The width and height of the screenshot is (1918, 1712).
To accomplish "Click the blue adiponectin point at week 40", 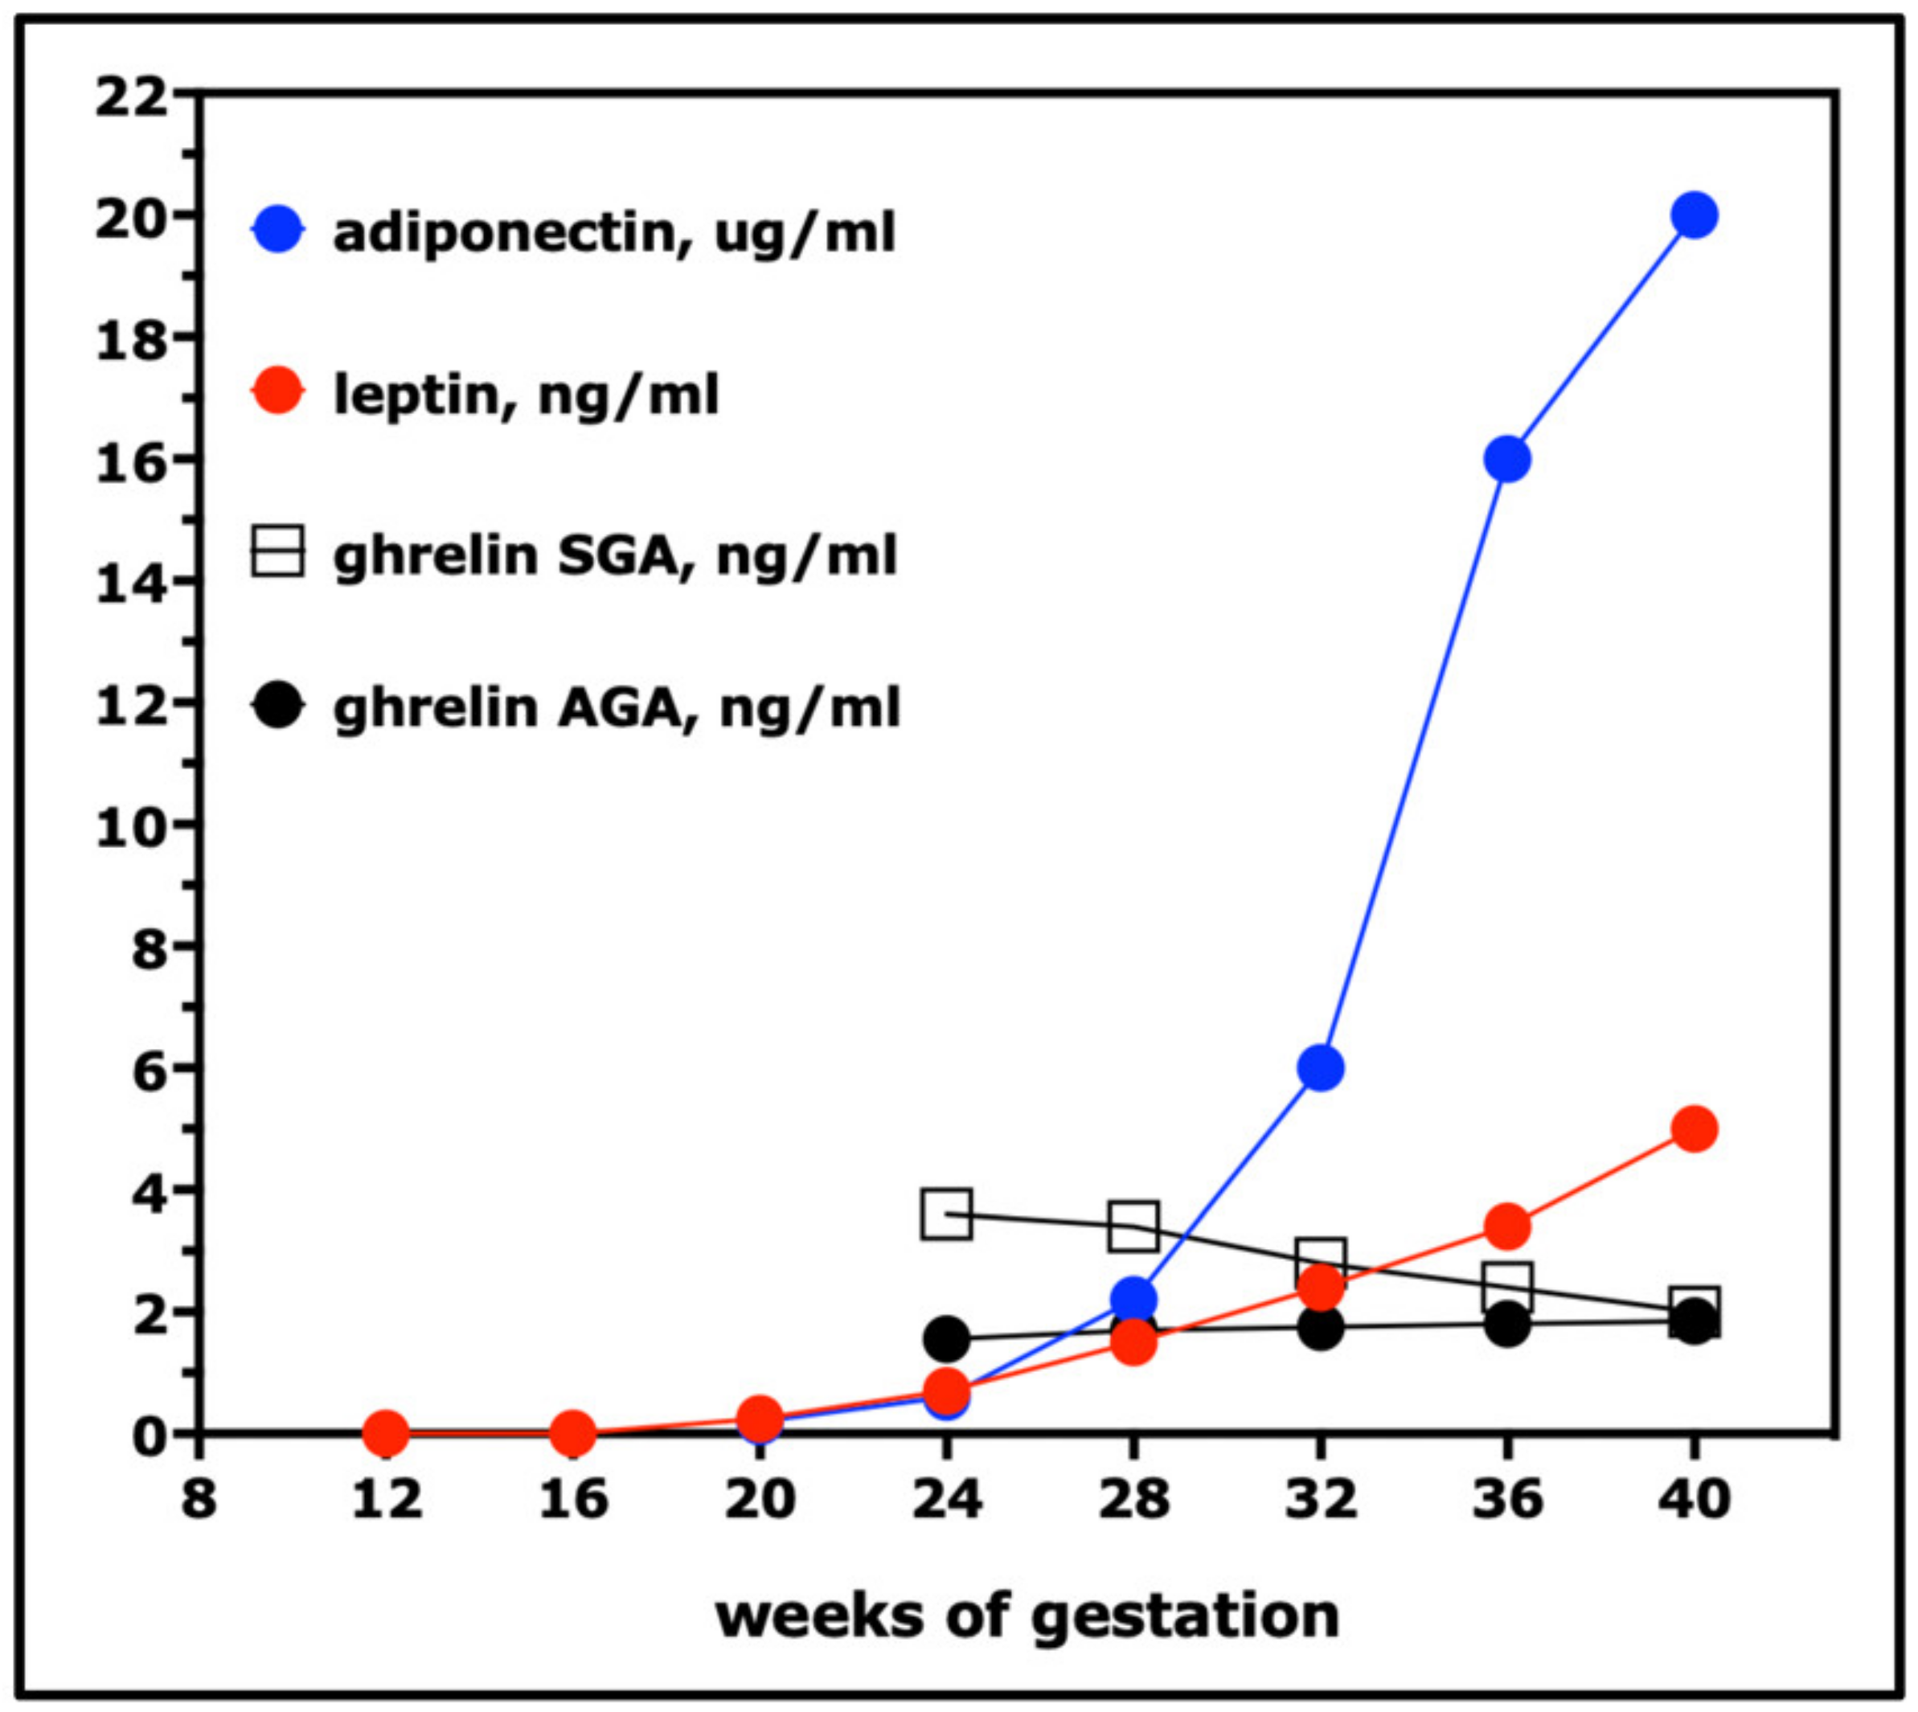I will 1694,215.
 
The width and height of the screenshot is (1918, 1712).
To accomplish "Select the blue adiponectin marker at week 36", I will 1507,459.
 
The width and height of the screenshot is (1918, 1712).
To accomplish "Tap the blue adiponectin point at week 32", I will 1320,1067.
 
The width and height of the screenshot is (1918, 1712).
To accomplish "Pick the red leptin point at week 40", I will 1694,1128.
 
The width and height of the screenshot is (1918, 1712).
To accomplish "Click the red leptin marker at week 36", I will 1507,1226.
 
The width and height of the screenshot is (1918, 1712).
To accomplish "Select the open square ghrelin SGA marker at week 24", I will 946,1214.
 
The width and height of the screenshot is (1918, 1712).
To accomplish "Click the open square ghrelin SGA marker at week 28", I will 1133,1226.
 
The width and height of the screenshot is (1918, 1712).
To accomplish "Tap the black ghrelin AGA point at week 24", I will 946,1337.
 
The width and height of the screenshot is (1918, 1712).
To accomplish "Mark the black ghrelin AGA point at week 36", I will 1507,1325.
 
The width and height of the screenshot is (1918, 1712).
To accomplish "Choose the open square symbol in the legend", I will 277,552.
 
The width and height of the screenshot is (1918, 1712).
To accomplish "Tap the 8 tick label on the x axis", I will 198,1497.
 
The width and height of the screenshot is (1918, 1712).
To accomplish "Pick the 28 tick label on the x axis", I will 1133,1497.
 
